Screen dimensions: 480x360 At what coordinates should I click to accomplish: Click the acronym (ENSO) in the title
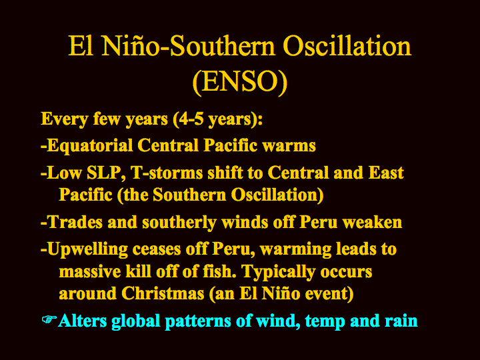point(240,82)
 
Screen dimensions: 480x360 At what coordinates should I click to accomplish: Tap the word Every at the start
point(65,119)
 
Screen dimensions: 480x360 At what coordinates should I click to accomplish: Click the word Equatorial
point(90,146)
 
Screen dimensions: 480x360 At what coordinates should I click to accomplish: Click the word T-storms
point(166,173)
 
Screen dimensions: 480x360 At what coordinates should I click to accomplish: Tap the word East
point(386,173)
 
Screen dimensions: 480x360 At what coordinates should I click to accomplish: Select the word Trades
point(75,222)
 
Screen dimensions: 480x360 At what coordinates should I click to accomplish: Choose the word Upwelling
point(87,249)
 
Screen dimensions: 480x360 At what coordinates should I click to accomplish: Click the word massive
point(90,272)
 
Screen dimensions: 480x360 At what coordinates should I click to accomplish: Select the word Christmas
point(163,293)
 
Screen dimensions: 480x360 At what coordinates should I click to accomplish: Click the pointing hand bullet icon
point(49,319)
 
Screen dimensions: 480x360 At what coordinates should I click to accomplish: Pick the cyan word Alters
point(83,321)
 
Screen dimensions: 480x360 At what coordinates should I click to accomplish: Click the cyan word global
point(136,321)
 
